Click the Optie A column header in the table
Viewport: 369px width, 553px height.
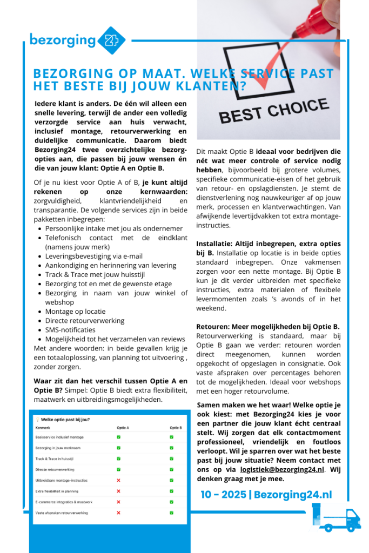coord(123,427)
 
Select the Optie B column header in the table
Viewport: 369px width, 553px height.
coord(176,427)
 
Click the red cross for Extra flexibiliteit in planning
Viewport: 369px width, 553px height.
coord(118,491)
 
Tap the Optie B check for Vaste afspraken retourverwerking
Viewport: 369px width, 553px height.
coord(171,512)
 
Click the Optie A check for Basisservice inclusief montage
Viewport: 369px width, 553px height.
coord(118,437)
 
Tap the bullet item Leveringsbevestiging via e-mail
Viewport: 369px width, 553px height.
coord(94,256)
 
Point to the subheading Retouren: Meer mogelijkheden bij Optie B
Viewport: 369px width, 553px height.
coord(268,326)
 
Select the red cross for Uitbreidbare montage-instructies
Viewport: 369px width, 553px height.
coord(118,480)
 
